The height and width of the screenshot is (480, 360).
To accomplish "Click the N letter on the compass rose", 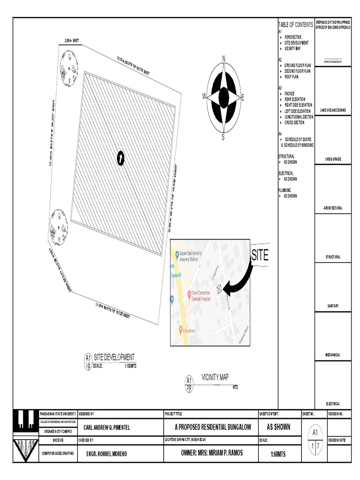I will click(x=224, y=58).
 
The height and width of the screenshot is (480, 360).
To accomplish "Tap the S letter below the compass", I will click(x=223, y=137).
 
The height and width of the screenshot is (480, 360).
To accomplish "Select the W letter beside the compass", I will click(x=204, y=96).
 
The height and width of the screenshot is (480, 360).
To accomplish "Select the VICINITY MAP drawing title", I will click(x=215, y=377).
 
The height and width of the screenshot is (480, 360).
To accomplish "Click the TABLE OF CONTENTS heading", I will click(x=296, y=24).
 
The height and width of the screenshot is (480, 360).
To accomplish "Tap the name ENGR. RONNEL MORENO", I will click(x=106, y=453).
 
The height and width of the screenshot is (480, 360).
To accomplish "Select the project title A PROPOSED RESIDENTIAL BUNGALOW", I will click(x=213, y=427).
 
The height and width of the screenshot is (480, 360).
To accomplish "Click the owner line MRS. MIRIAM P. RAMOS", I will click(x=212, y=453).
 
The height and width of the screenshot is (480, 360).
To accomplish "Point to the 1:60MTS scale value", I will click(x=278, y=454).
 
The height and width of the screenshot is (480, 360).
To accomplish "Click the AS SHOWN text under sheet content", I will click(x=278, y=427).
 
